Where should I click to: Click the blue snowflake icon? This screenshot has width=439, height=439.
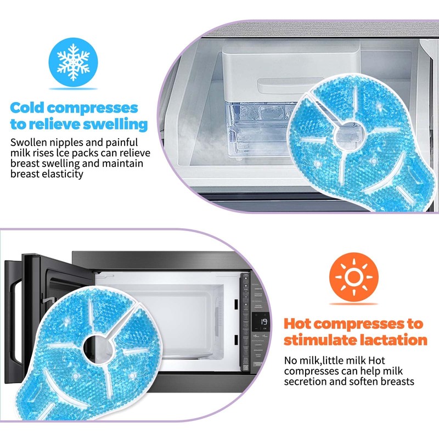[x=74, y=63]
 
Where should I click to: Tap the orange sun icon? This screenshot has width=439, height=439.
[x=354, y=277]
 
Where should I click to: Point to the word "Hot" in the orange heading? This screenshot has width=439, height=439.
[x=302, y=323]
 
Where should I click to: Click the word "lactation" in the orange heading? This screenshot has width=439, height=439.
[x=391, y=340]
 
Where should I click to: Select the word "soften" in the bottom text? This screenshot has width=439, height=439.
[x=367, y=381]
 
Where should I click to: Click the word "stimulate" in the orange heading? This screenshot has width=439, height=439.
[x=321, y=340]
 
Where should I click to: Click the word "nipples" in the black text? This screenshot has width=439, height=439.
[x=68, y=142]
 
